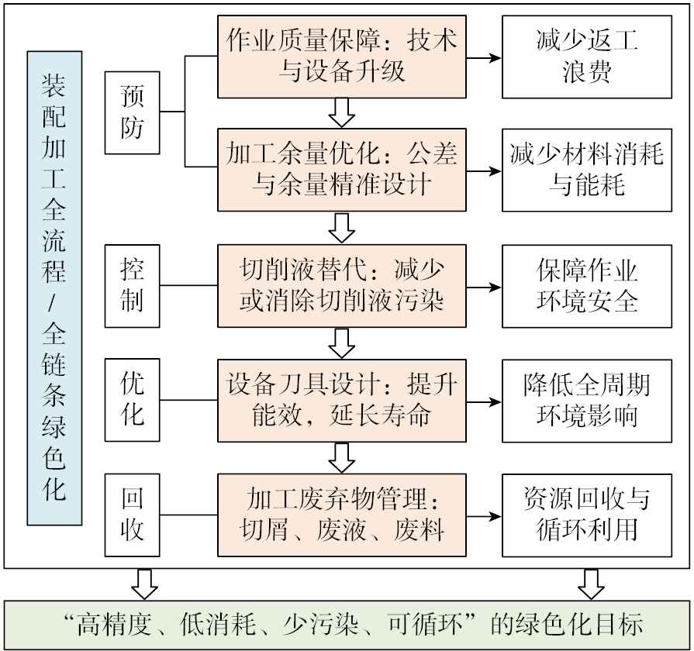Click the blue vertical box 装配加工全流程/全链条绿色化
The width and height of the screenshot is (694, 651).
[54, 288]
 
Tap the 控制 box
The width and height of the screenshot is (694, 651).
[133, 286]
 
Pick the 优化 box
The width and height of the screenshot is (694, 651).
[133, 400]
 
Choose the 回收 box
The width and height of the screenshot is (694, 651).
[133, 514]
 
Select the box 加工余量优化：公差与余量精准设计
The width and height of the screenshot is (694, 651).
[342, 170]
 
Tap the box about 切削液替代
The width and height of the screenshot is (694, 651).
[342, 286]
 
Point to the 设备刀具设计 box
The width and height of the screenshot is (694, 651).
[342, 400]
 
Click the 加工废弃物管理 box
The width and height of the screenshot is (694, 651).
[342, 514]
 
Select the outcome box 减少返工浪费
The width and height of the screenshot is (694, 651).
[587, 57]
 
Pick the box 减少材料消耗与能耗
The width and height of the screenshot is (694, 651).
[587, 170]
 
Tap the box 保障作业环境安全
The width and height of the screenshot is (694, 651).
[587, 286]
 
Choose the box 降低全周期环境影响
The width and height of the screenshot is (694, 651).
[587, 400]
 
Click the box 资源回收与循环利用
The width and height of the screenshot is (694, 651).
[587, 514]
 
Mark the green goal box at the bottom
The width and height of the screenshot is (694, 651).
[347, 625]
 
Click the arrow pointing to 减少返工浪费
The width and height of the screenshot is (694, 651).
[484, 57]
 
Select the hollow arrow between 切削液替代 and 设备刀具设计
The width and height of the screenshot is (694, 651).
[341, 341]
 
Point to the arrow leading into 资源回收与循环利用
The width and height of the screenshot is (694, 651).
[484, 515]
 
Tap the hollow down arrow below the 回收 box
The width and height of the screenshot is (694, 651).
[144, 584]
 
